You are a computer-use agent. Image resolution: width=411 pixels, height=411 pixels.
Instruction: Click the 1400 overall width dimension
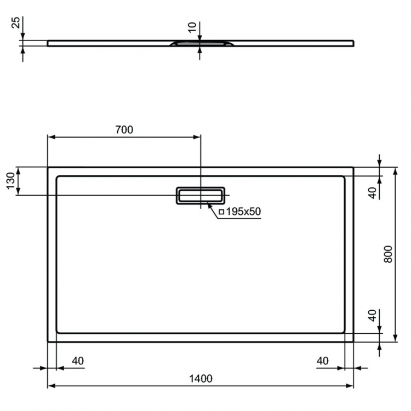coord(201,378)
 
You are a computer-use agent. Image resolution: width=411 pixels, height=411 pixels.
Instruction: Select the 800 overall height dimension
coord(388,254)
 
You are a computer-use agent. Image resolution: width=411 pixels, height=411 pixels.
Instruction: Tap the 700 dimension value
coord(124,130)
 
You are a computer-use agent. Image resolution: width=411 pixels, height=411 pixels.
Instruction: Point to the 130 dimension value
coord(10,180)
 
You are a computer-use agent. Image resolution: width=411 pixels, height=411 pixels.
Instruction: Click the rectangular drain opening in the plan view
coord(199,195)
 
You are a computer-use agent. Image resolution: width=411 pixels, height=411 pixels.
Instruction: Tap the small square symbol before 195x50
coord(221,212)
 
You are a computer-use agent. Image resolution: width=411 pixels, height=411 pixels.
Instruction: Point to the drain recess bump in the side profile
coord(202,44)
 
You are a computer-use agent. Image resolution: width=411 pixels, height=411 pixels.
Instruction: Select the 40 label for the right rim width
coord(322,361)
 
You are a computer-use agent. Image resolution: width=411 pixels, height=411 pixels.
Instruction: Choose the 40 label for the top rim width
coord(373,192)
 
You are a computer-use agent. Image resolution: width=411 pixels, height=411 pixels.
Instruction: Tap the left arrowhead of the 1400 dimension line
coord(51,385)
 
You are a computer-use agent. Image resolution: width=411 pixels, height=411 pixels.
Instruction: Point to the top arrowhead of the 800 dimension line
coord(395,170)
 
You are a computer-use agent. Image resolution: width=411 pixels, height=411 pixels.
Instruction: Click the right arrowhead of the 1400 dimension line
coord(350,385)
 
